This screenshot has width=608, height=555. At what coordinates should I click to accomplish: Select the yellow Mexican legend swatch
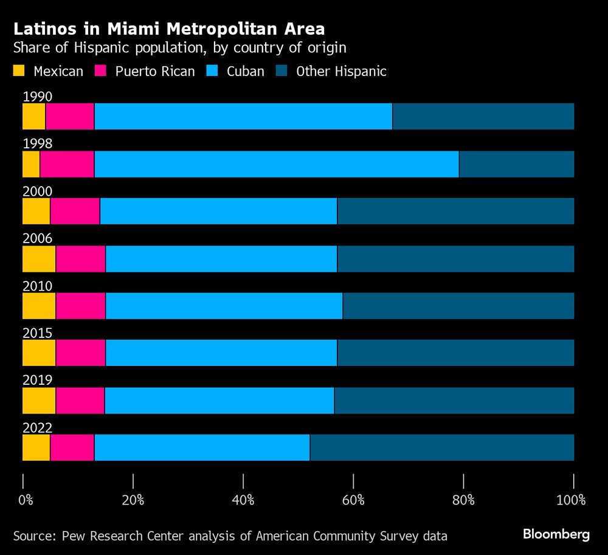coord(20,71)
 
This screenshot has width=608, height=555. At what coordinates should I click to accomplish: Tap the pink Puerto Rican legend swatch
coord(102,71)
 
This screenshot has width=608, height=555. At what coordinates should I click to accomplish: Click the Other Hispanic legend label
coord(341,71)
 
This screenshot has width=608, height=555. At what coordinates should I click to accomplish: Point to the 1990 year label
coord(37,97)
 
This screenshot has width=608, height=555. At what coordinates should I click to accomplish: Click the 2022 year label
coord(37,428)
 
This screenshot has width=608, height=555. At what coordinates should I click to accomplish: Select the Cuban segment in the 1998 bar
coord(276,164)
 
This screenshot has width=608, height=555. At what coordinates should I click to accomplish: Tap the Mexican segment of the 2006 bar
coord(39,259)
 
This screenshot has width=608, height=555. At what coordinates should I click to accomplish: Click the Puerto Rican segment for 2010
coord(80,306)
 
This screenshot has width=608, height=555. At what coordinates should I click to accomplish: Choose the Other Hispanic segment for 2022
coord(442,448)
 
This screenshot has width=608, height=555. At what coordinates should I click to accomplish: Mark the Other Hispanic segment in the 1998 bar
coord(516,164)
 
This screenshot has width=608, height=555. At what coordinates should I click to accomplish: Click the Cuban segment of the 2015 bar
coord(221,353)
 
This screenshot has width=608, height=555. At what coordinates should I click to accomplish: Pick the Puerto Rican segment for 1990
coord(69,117)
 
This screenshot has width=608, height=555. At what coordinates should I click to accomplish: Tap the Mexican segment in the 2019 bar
coord(39,401)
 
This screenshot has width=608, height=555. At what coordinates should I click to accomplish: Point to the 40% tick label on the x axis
coord(243,501)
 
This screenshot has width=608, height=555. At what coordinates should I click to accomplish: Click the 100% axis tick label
coord(571,501)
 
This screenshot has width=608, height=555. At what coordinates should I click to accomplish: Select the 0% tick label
coord(26,501)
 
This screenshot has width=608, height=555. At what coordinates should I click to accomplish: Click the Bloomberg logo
coord(556,534)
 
